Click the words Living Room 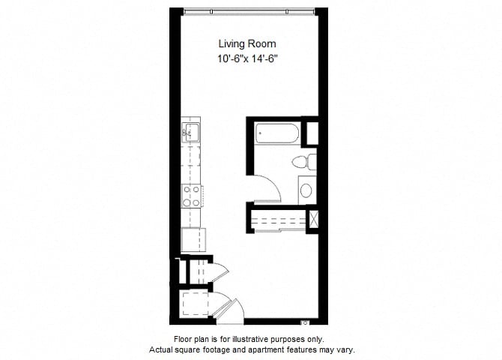tap(247, 43)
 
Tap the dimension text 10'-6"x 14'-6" tap(247, 59)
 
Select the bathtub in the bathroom tap(277, 133)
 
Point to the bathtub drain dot tap(260, 133)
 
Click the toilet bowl tap(300, 161)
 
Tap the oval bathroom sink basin tap(306, 190)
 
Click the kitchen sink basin tap(192, 133)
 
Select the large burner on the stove tap(187, 202)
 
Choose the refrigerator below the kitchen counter tap(193, 239)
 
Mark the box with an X tap(312, 220)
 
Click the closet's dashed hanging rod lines tap(279, 220)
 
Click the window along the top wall tap(249, 12)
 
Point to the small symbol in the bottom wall tap(305, 322)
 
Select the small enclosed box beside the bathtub tap(312, 133)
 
